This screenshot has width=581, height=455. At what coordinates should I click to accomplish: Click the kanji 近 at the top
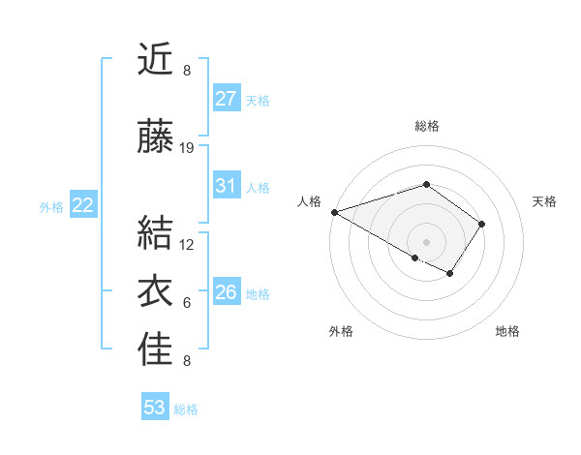[156, 60]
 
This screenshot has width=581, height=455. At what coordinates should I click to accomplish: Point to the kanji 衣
[156, 291]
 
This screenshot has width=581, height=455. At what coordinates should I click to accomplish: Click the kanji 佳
[156, 350]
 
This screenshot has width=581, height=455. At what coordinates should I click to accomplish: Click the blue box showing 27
[227, 99]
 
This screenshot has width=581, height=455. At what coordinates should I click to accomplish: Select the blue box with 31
[227, 186]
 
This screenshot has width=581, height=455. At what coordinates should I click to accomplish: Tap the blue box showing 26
[227, 292]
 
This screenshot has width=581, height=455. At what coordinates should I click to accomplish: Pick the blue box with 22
[82, 205]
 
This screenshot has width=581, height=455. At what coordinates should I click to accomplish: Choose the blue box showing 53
[155, 408]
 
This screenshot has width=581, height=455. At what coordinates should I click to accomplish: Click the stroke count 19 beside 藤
[187, 148]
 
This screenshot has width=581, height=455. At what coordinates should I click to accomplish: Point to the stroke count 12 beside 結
[187, 244]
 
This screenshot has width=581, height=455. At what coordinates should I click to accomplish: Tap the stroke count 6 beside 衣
[187, 303]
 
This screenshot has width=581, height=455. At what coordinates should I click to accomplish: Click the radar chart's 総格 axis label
[426, 126]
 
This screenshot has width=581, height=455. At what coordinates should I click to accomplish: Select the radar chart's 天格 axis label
[544, 201]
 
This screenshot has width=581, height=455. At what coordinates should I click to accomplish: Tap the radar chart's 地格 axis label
[507, 331]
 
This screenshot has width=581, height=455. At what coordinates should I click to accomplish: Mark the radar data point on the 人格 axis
[334, 211]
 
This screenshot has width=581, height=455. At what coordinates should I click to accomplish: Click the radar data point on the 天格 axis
[482, 224]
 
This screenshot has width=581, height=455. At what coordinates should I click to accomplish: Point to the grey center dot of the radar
[426, 241]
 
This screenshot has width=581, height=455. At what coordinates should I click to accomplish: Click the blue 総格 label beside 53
[186, 409]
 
